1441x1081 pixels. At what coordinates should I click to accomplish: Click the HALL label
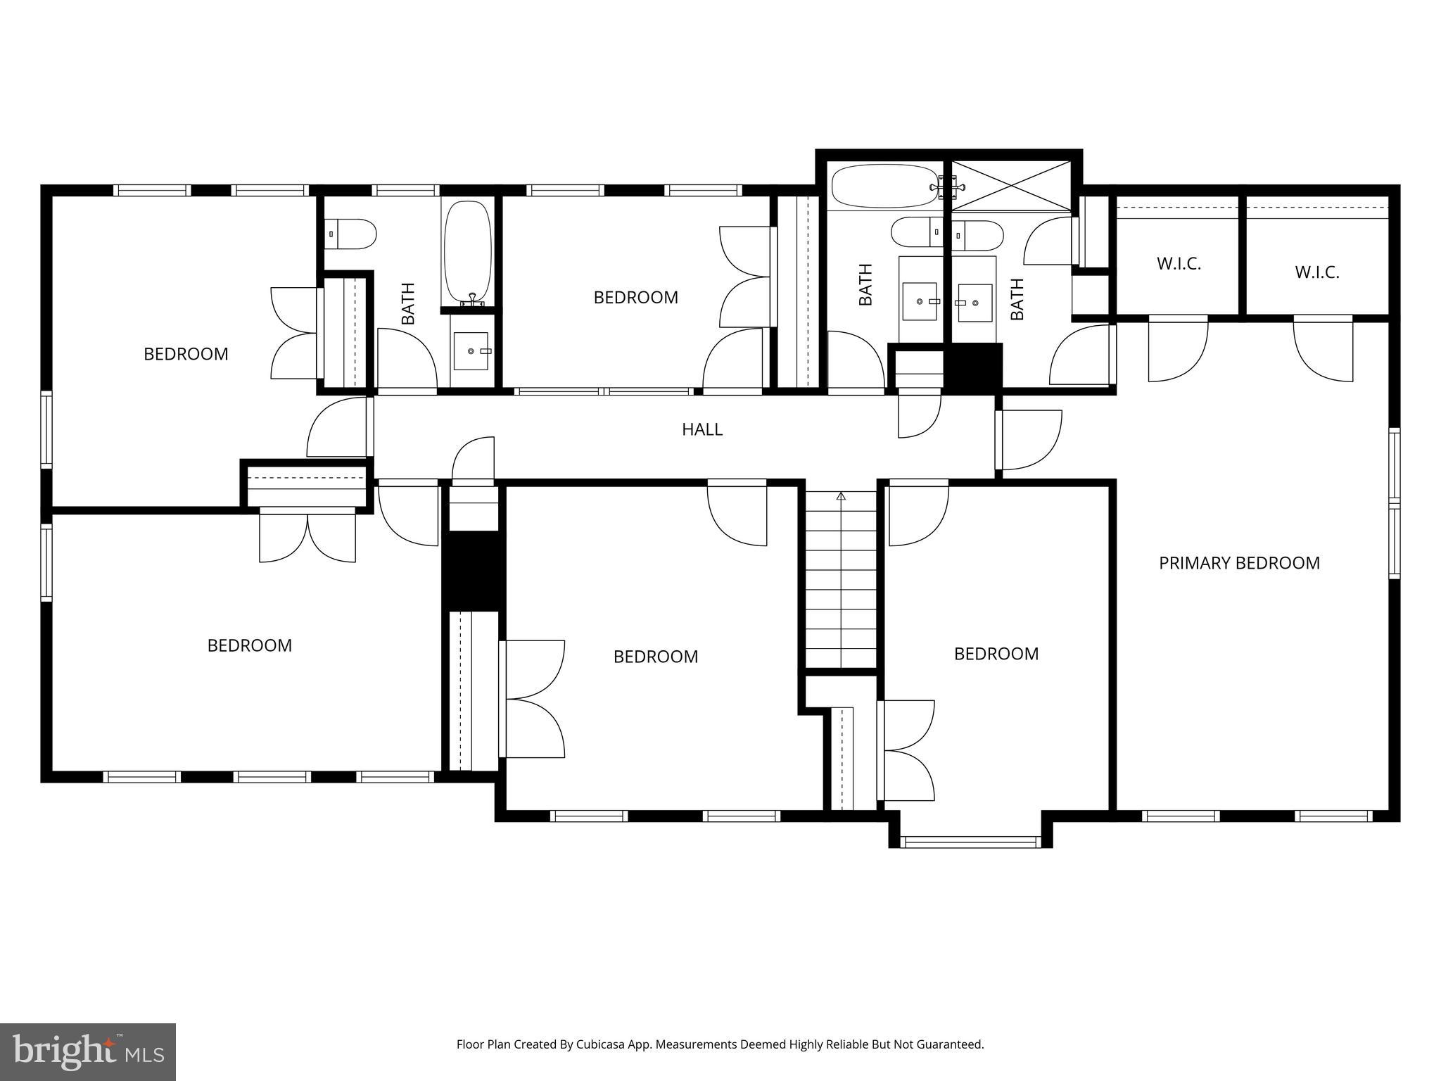pyautogui.click(x=702, y=429)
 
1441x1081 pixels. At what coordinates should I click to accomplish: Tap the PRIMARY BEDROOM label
pyautogui.click(x=1238, y=563)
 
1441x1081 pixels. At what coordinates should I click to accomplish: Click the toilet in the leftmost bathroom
pyautogui.click(x=351, y=234)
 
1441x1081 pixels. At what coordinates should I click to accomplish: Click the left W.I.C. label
pyautogui.click(x=1179, y=265)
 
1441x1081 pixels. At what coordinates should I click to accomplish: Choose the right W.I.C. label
pyautogui.click(x=1317, y=272)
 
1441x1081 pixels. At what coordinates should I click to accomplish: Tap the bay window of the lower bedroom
pyautogui.click(x=970, y=842)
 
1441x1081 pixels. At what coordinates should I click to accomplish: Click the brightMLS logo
pyautogui.click(x=88, y=1051)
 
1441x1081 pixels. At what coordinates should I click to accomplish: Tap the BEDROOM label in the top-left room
pyautogui.click(x=186, y=354)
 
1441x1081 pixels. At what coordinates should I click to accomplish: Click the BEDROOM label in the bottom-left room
pyautogui.click(x=249, y=645)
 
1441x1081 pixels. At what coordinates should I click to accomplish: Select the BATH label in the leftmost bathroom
pyautogui.click(x=408, y=303)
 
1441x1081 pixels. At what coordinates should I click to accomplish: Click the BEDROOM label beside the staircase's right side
pyautogui.click(x=996, y=654)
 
